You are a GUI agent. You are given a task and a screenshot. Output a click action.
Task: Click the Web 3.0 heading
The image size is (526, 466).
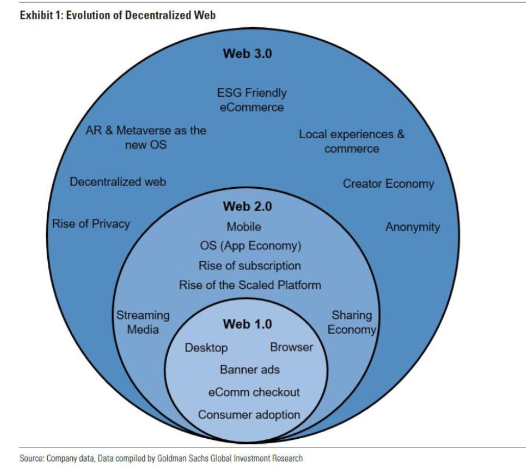pyautogui.click(x=247, y=54)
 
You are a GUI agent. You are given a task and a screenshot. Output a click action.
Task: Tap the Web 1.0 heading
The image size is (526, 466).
pyautogui.click(x=247, y=324)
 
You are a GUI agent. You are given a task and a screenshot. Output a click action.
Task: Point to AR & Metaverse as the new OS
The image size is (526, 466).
pyautogui.click(x=146, y=138)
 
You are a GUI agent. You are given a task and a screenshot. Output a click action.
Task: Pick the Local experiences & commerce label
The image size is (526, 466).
pyautogui.click(x=352, y=142)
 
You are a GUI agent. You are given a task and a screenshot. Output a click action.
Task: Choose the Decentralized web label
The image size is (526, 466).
pyautogui.click(x=118, y=182)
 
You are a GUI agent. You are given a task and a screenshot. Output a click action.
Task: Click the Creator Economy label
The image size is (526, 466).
pyautogui.click(x=388, y=184)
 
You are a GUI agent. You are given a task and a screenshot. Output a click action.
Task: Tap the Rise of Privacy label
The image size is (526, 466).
pyautogui.click(x=91, y=224)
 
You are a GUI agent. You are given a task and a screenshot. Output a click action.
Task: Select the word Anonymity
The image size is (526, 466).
pyautogui.click(x=412, y=227)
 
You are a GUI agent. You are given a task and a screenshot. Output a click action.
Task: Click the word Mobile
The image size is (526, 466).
pyautogui.click(x=244, y=227)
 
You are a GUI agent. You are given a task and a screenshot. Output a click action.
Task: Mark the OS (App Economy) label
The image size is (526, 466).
pyautogui.click(x=250, y=246)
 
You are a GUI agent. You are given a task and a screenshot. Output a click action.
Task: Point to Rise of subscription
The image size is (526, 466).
pyautogui.click(x=249, y=265)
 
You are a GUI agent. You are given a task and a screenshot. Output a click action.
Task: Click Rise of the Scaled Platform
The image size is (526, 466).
pyautogui.click(x=250, y=285)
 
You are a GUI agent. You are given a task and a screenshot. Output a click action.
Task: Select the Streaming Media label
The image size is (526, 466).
pyautogui.click(x=143, y=322)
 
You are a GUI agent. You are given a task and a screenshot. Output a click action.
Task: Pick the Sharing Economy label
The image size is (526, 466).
pyautogui.click(x=352, y=322)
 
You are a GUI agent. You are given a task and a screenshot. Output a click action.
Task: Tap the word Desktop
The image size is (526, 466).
pyautogui.click(x=206, y=348)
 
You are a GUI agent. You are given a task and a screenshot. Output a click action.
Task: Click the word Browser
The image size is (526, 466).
pyautogui.click(x=291, y=348)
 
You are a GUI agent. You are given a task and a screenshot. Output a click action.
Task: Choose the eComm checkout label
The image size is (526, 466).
pyautogui.click(x=254, y=392)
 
